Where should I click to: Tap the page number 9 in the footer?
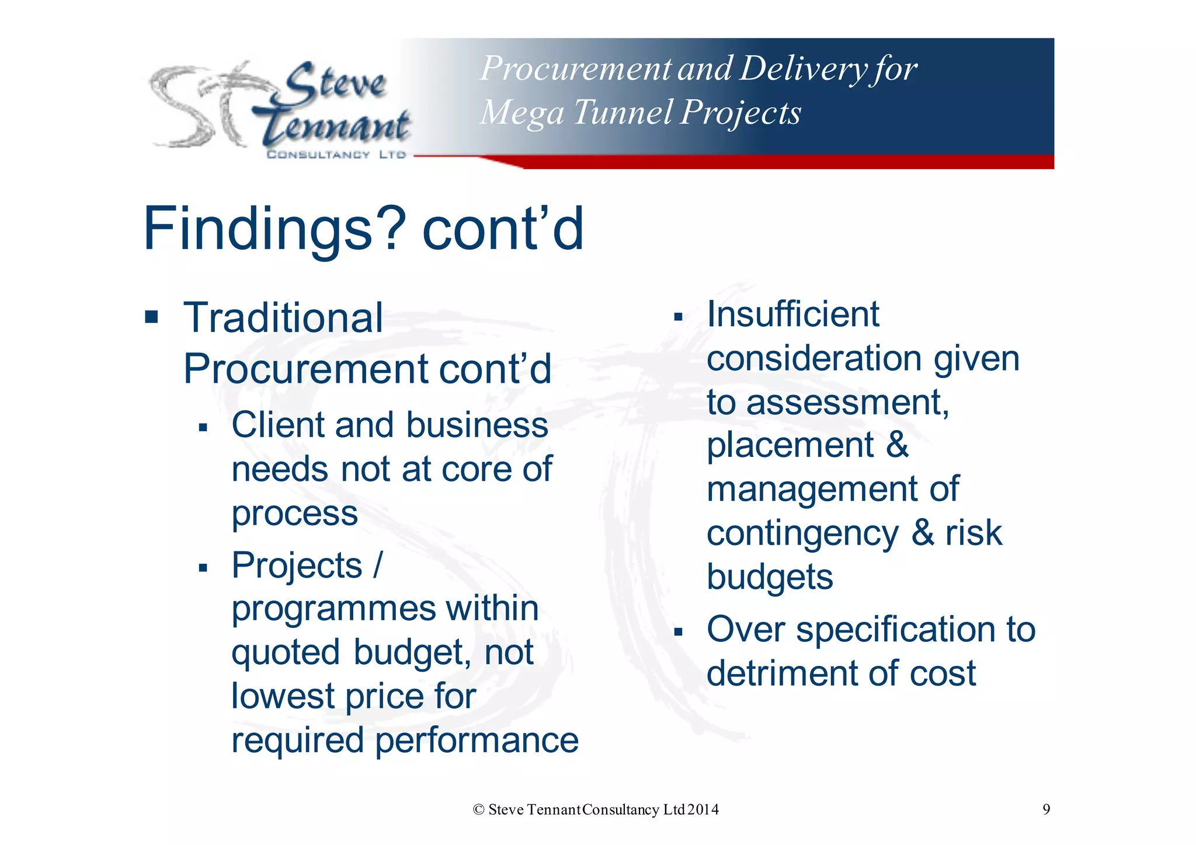pos(1046,809)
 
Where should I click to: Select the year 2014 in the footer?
pos(703,810)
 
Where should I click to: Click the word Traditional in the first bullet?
pos(283,318)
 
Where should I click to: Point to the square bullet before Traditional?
pos(152,317)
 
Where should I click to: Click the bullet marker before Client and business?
pos(203,428)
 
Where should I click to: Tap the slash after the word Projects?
pos(377,565)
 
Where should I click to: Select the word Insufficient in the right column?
pos(792,314)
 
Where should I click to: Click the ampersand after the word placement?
pos(898,445)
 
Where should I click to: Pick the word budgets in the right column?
pos(769,578)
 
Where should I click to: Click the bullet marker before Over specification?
pos(678,631)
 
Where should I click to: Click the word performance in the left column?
pos(477,740)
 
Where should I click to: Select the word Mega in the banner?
pos(522,113)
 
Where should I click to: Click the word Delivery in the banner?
pos(804,69)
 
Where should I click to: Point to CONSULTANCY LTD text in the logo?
pos(336,155)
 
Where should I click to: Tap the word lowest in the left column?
pos(283,696)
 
